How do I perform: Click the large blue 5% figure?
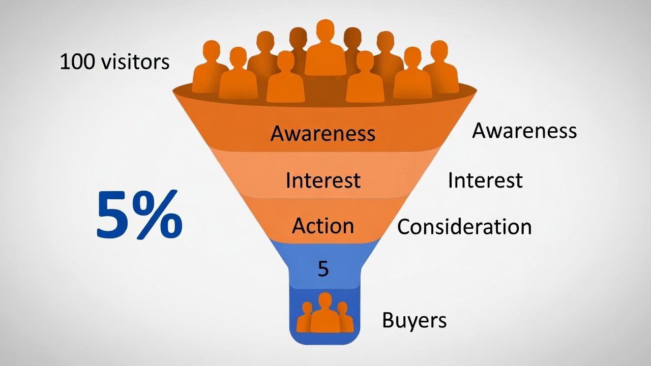139,216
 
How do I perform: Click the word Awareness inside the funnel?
323,133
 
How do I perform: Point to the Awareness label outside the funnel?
524,131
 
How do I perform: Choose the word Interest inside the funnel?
323,180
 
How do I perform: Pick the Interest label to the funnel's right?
485,180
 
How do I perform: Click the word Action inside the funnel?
323,226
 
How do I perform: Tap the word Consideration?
464,227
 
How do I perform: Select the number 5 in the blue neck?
323,269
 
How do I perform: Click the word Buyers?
414,321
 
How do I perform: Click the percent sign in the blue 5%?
159,216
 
